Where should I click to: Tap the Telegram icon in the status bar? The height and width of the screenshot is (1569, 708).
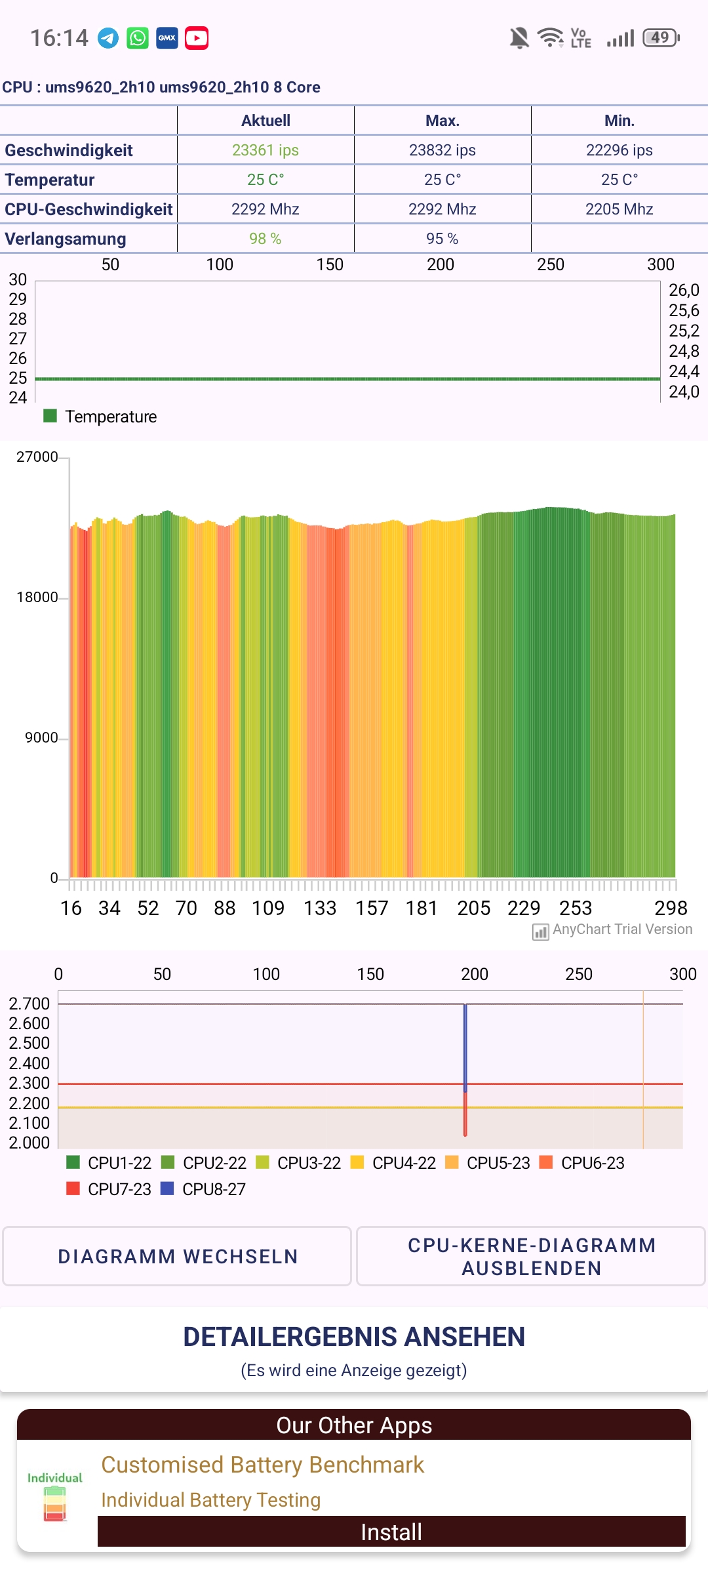[x=108, y=39]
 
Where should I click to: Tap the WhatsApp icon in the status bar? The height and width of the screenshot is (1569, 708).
[x=138, y=39]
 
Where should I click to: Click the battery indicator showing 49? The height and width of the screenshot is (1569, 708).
[x=661, y=38]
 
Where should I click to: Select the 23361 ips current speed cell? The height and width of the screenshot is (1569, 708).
[x=265, y=150]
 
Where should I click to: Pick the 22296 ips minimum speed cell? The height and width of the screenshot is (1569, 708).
[x=619, y=150]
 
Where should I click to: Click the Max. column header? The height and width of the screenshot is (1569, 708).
[x=442, y=121]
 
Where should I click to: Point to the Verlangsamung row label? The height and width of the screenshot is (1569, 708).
[x=66, y=239]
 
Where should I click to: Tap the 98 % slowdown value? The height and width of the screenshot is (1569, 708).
[x=265, y=239]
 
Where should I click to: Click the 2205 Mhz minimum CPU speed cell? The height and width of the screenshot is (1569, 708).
[x=619, y=209]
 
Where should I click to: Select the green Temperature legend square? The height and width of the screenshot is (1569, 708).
[x=50, y=416]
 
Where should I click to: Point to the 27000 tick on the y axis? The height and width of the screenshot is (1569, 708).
[x=37, y=457]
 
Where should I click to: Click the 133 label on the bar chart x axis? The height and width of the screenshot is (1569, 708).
[x=320, y=908]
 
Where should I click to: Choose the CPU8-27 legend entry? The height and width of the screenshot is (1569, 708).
[x=203, y=1189]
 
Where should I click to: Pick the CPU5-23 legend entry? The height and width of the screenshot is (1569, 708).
[x=488, y=1163]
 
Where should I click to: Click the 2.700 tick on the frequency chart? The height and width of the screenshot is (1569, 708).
[x=29, y=1004]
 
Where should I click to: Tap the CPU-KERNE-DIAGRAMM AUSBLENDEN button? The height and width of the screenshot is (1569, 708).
[x=531, y=1256]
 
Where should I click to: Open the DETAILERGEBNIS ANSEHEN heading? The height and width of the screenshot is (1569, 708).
[x=354, y=1337]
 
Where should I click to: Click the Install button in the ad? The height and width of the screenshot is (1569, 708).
[x=391, y=1532]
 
